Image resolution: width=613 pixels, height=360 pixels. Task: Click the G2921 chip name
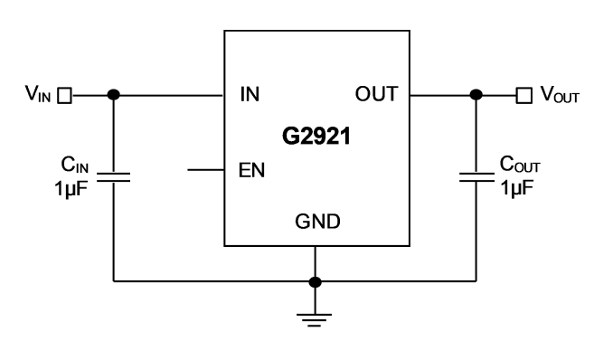pos(316,137)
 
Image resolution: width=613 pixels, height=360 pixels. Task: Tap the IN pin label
pos(250,94)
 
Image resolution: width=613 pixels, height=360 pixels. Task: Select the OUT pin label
pos(376,94)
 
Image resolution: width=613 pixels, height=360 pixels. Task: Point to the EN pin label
pos(251,170)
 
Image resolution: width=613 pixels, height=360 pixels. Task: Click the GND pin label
pos(317,222)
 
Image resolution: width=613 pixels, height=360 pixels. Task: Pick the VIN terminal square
pos(64,96)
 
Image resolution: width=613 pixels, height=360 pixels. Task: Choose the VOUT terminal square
pos(523,96)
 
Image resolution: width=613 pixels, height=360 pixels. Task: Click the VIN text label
pos(38,94)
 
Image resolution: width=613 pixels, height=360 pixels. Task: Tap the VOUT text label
pos(560,95)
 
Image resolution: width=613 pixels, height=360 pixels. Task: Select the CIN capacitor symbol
pos(113,177)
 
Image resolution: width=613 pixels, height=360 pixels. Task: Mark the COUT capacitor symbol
pos(476,177)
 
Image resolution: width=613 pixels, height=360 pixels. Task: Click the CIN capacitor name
pos(75,165)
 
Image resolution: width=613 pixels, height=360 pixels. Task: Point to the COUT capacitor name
pos(520,164)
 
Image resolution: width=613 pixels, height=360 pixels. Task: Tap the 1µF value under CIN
pos(71,189)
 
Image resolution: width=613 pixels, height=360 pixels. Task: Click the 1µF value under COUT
pos(517,188)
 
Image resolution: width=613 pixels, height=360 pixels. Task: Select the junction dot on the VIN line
pos(113,95)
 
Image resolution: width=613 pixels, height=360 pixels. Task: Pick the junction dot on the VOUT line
pos(476,95)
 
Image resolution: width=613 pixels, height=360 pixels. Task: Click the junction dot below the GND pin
pos(316,281)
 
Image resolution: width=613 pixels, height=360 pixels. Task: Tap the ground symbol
pos(315,320)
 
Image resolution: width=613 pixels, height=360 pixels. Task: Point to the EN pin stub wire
pos(206,170)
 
